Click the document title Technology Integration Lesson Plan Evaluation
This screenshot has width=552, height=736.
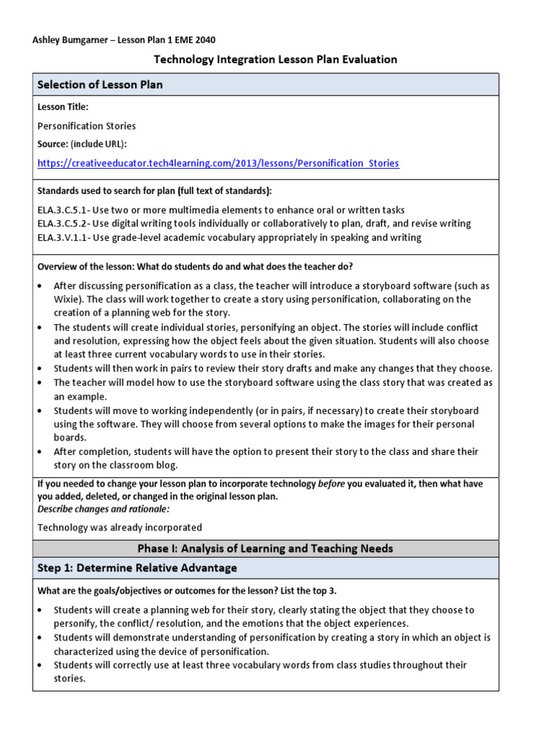pyautogui.click(x=275, y=59)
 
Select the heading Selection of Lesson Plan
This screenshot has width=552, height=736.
pyautogui.click(x=100, y=85)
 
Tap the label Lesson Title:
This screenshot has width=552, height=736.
pyautogui.click(x=63, y=106)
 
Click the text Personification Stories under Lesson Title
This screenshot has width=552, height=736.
pyautogui.click(x=86, y=126)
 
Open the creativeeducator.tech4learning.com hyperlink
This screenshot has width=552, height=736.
pyautogui.click(x=218, y=163)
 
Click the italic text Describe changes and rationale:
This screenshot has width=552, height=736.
pyautogui.click(x=103, y=509)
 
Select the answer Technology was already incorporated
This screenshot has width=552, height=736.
pyautogui.click(x=119, y=527)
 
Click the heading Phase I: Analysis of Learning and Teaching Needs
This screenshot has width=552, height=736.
pyautogui.click(x=265, y=548)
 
